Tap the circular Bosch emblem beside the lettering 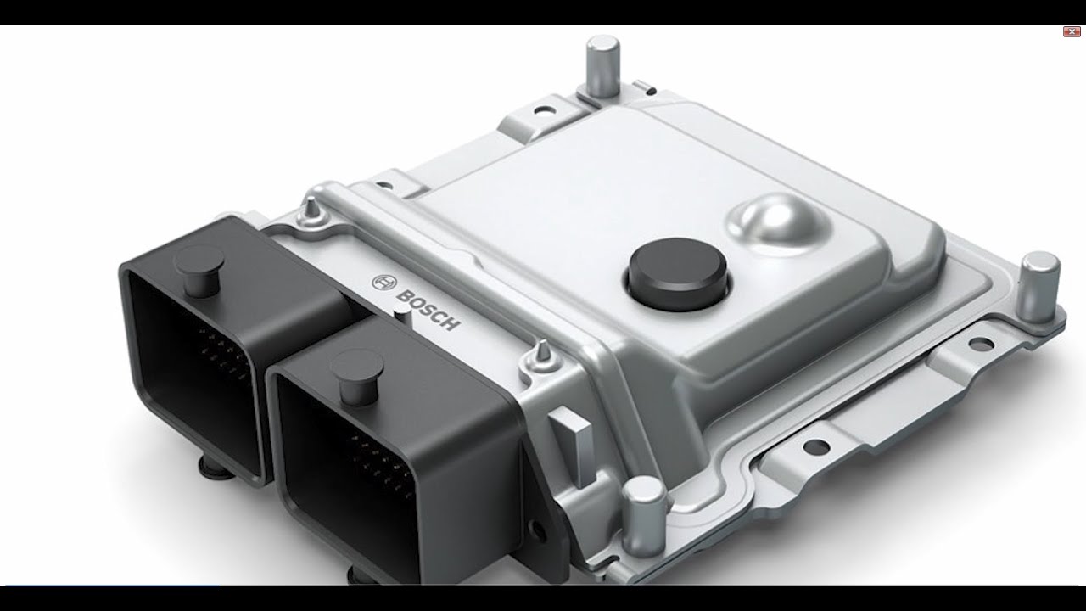tap(382, 282)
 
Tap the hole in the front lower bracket tap(814, 446)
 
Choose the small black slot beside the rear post tap(647, 84)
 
